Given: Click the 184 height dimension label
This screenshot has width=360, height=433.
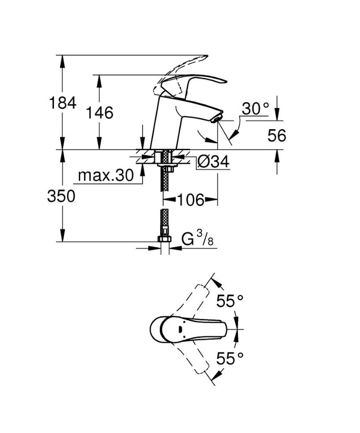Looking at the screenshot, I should (63, 103).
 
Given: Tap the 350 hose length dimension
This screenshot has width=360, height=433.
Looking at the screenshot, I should (61, 196).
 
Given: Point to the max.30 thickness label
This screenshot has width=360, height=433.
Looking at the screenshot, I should (106, 175).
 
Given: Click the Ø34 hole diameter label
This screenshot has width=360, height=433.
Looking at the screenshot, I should (213, 162).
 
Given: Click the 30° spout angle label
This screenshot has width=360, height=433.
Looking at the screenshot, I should (255, 109).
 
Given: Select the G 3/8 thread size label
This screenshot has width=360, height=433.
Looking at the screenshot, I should (198, 239).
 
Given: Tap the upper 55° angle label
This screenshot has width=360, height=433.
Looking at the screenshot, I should (230, 301).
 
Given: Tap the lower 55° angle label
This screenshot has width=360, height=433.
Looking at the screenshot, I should (230, 358).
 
